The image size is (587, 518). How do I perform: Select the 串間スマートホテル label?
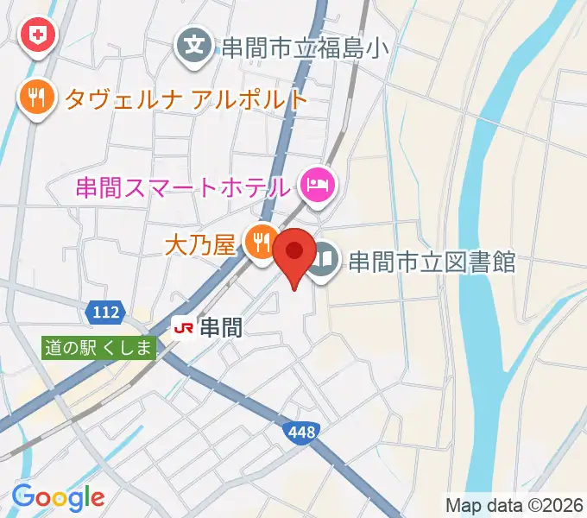coord(182,186)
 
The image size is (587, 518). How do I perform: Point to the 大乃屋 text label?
coord(199,246)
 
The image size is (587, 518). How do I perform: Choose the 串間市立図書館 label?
coord(432,261)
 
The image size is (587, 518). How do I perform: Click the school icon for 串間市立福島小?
coord(197,43)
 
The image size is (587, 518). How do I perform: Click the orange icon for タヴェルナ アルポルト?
coord(35,97)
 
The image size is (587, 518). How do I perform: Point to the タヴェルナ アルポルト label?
coord(186,98)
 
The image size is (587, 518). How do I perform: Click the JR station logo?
coord(183,327)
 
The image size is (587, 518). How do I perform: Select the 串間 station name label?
coord(220,327)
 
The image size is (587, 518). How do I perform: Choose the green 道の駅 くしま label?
coord(99,348)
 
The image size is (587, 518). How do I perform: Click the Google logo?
coord(58,496)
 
